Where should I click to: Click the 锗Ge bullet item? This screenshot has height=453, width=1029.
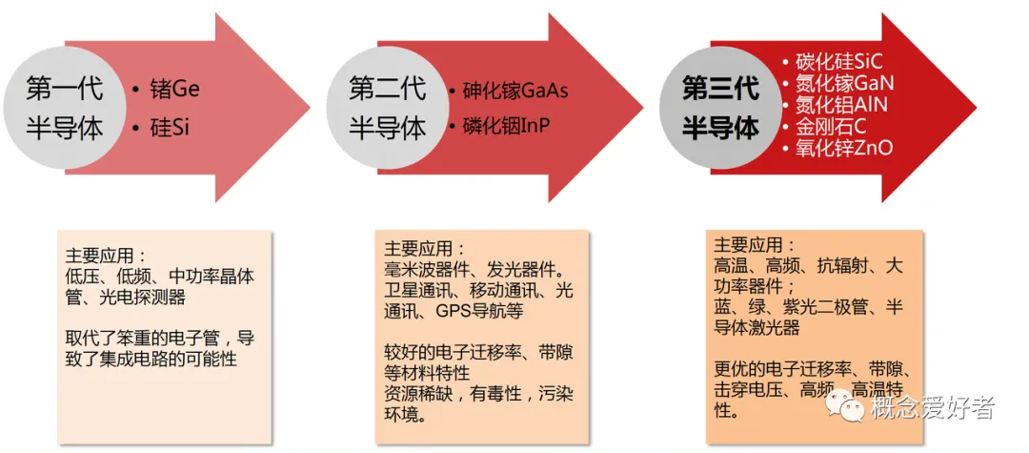[x=174, y=90]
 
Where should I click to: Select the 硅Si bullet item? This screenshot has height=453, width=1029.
[x=170, y=127]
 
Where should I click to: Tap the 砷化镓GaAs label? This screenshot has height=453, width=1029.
[x=514, y=91]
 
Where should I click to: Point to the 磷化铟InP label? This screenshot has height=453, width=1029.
[x=507, y=126]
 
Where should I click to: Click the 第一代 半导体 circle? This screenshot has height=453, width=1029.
[x=66, y=108]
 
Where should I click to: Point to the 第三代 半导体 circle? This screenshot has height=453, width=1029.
[x=721, y=108]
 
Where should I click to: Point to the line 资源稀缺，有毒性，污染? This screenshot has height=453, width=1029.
[x=478, y=394]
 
